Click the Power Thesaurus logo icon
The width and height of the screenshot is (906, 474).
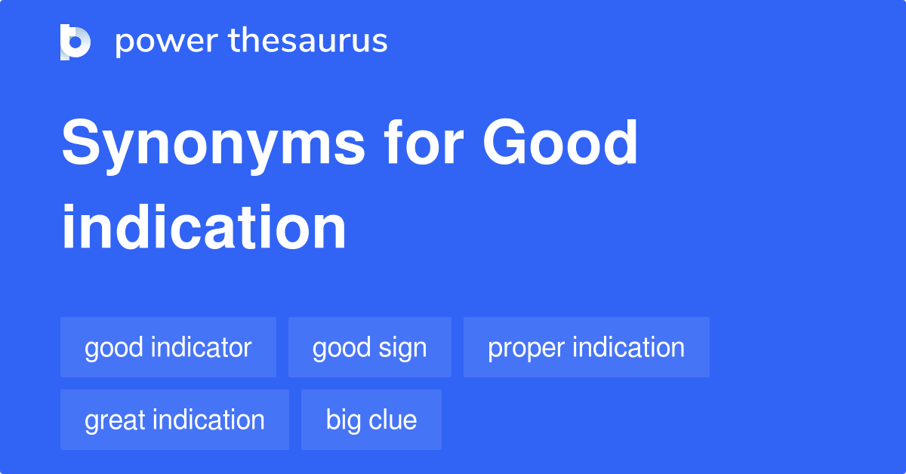75,42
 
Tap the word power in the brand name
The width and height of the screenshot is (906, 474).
165,42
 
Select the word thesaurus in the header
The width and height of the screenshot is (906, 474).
308,42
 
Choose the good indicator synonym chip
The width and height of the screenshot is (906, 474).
168,347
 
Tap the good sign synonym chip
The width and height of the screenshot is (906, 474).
369,347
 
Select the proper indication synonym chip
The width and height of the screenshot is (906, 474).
586,347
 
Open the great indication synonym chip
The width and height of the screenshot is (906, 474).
174,420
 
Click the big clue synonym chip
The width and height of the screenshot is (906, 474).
371,420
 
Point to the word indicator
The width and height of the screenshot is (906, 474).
202,347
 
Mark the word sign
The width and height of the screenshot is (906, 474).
402,348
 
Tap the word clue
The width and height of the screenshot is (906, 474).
394,420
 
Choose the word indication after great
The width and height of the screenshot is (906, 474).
208,420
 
